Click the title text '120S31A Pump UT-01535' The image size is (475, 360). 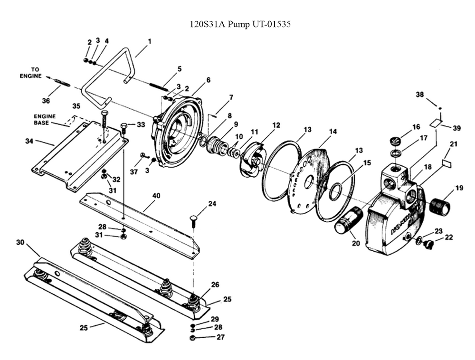pyautogui.click(x=240, y=24)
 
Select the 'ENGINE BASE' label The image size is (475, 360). pyautogui.click(x=45, y=119)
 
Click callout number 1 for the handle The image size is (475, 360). pyautogui.click(x=149, y=41)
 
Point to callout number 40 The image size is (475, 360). pyautogui.click(x=156, y=196)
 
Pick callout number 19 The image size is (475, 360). pyautogui.click(x=459, y=188)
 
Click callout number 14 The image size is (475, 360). pyautogui.click(x=333, y=132)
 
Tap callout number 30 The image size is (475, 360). pyautogui.click(x=20, y=243)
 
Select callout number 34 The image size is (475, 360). pyautogui.click(x=29, y=141)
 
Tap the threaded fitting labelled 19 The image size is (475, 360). pyautogui.click(x=440, y=206)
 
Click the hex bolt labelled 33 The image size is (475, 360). pyautogui.click(x=124, y=127)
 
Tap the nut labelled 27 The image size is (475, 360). pyautogui.click(x=192, y=338)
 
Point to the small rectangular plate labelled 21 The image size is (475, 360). pyautogui.click(x=446, y=163)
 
